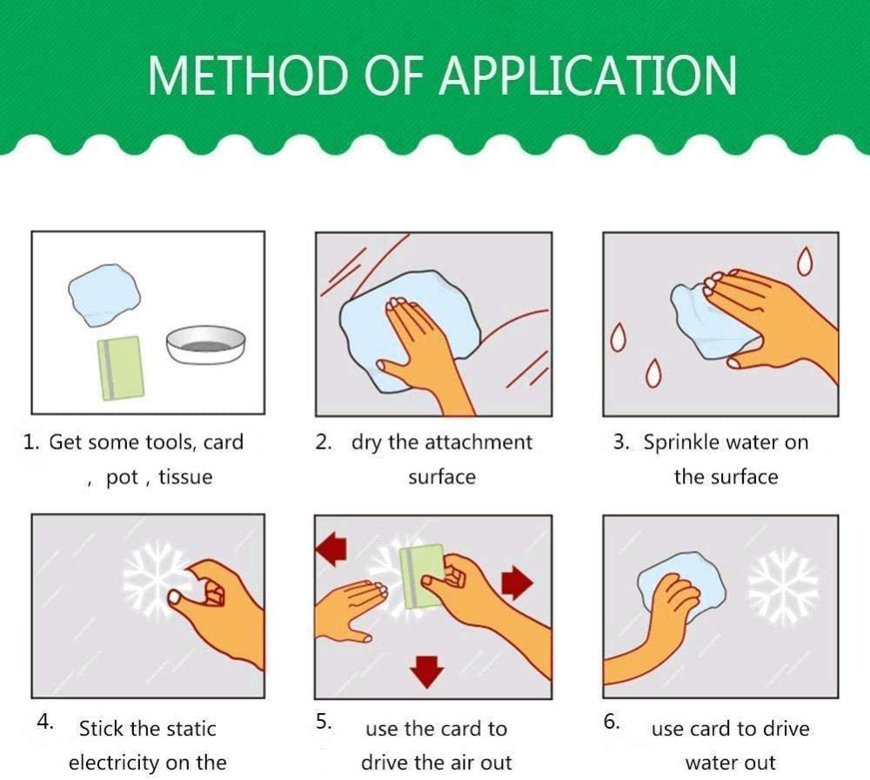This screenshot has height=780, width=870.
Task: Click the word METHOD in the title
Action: [247, 76]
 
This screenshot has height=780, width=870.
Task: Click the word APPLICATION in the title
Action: [587, 76]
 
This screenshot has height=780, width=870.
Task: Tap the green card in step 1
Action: [120, 369]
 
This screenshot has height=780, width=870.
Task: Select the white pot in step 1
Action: [205, 345]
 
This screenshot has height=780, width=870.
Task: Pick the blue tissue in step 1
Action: [104, 295]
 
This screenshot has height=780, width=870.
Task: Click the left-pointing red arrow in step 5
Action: [331, 550]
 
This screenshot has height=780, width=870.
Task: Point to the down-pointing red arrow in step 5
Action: [426, 672]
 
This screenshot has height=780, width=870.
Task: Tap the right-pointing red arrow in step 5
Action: [517, 583]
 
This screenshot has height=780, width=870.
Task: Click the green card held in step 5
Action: [422, 577]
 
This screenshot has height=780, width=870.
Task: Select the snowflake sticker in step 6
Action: [783, 585]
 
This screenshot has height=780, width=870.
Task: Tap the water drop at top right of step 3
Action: [805, 261]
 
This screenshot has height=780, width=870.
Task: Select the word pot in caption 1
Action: [122, 477]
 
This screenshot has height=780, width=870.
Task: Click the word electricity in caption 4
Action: [116, 763]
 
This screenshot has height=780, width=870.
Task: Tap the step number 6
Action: [612, 721]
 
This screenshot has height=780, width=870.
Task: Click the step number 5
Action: [324, 721]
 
